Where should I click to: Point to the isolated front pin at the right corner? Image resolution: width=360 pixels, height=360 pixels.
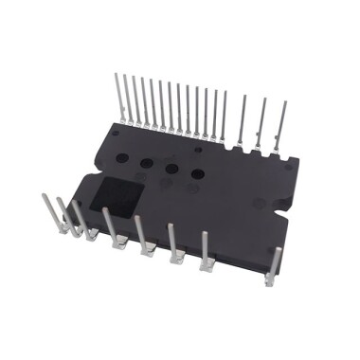click(x=276, y=265)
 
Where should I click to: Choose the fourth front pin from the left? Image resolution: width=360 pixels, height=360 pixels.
click(x=111, y=226)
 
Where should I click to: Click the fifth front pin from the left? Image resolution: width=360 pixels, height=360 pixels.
click(x=140, y=234)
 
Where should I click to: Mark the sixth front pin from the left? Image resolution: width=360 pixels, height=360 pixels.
click(x=172, y=242)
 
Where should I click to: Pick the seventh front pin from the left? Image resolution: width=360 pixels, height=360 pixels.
click(x=205, y=250)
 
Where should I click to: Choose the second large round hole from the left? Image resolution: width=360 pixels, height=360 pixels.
click(x=147, y=162)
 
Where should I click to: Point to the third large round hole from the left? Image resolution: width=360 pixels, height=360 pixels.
click(x=172, y=170)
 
